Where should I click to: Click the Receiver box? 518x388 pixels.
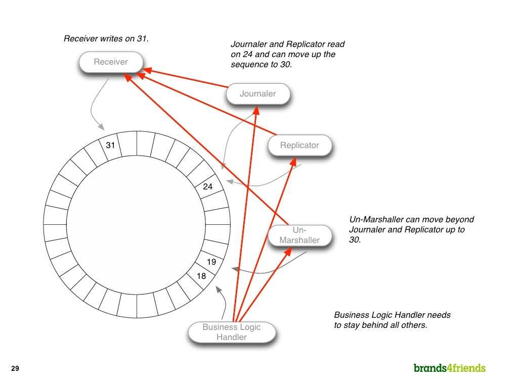coord(111,62)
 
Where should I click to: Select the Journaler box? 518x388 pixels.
coord(258,93)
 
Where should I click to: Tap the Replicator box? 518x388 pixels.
coord(300,145)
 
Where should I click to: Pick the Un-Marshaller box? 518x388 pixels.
coord(300,235)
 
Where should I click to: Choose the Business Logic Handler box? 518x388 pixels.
coord(232,332)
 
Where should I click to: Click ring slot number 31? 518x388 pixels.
coord(111,145)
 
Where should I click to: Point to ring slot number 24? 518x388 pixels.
coord(207,186)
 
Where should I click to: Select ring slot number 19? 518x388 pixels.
coord(211,262)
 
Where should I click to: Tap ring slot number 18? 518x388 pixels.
coord(201,276)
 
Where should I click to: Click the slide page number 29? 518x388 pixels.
coord(15,369)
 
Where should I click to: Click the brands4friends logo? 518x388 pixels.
coord(449,368)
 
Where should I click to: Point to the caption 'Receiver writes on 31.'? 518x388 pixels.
coord(106,38)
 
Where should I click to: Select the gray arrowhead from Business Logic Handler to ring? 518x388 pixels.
coord(218,289)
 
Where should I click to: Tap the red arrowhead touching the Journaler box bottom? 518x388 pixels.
coord(257,108)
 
